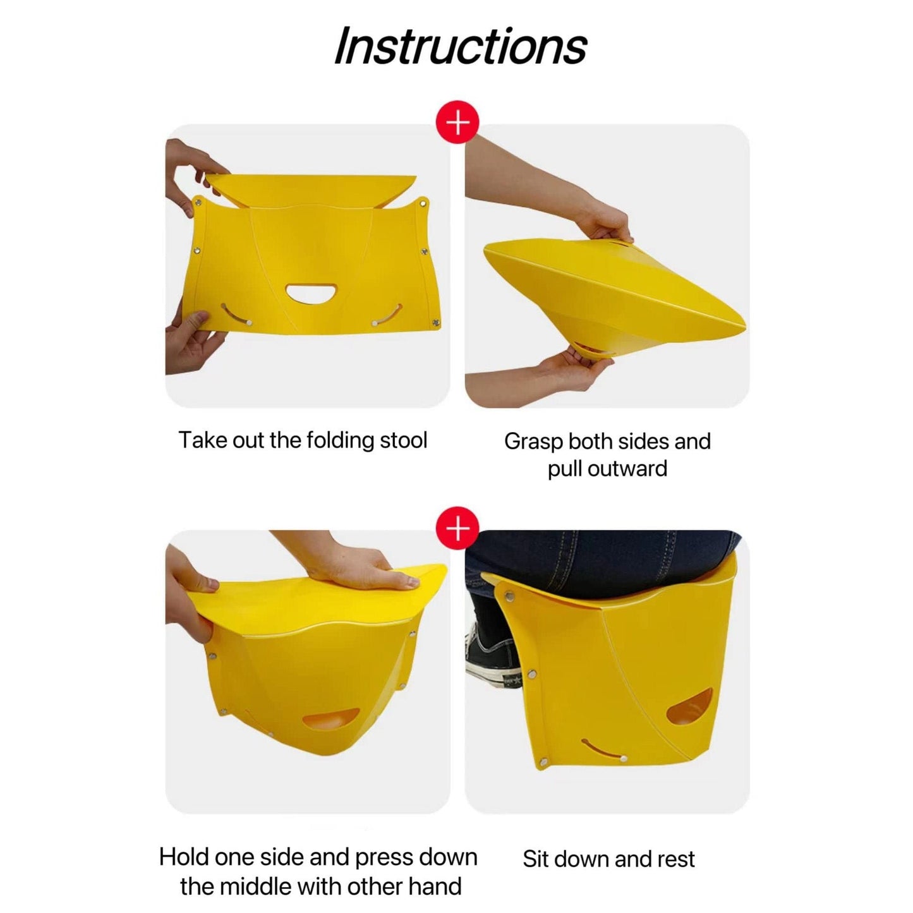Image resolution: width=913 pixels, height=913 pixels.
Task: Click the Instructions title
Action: tap(460, 46)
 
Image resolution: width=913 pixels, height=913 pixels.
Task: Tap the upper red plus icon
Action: tap(457, 122)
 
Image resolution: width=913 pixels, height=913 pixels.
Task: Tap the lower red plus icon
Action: tap(457, 528)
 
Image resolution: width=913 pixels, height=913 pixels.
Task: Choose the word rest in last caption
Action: tap(675, 859)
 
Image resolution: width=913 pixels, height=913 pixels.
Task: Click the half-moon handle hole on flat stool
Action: tap(311, 293)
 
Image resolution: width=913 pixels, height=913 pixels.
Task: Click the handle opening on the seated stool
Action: tap(691, 707)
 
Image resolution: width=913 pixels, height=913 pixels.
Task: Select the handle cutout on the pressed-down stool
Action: tap(331, 720)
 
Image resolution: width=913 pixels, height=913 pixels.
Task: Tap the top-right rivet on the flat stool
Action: tap(423, 203)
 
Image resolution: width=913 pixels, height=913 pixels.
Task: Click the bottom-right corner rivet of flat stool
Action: tap(435, 323)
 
